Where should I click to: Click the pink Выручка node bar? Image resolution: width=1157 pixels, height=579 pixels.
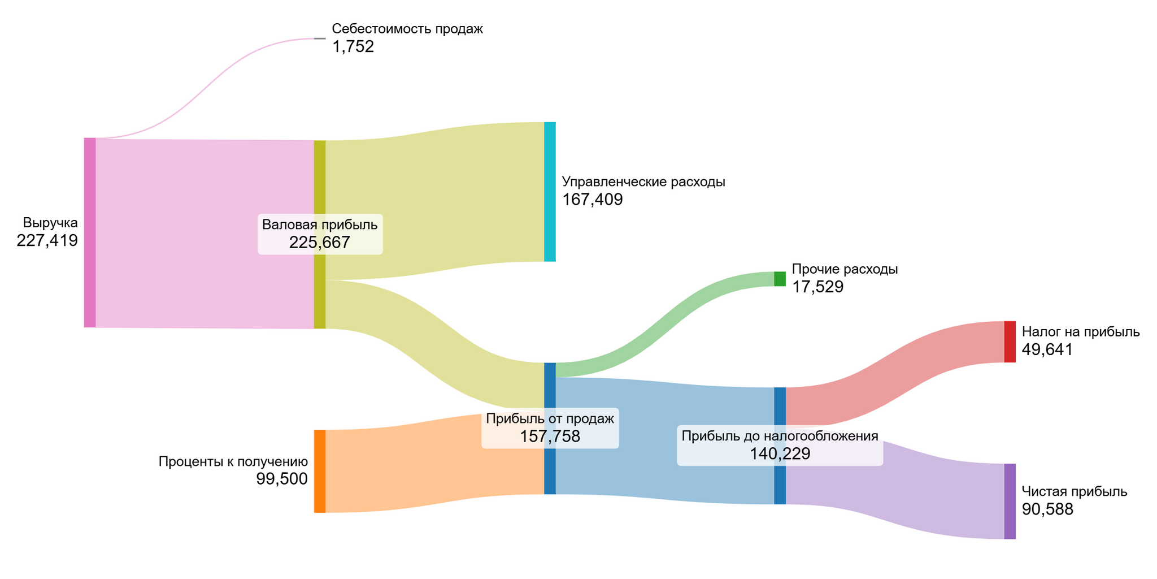click(x=90, y=232)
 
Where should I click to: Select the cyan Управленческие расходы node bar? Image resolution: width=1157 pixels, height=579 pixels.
click(x=550, y=192)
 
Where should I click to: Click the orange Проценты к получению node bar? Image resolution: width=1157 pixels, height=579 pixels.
click(x=320, y=471)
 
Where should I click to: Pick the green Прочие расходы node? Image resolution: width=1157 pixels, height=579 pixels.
click(x=780, y=279)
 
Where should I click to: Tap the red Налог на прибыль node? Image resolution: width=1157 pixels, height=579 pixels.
click(x=1010, y=342)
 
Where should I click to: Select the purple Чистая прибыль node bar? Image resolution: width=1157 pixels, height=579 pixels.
click(x=1010, y=501)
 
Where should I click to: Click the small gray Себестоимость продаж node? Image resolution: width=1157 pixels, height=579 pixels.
click(x=320, y=39)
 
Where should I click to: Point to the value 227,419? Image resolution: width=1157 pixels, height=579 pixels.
click(x=47, y=241)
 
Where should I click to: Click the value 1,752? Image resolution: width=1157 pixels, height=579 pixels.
click(x=353, y=47)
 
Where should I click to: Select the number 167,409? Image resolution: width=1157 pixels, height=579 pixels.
click(x=592, y=200)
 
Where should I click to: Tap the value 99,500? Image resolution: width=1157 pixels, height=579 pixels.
click(x=282, y=479)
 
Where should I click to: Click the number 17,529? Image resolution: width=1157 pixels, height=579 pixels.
click(x=817, y=287)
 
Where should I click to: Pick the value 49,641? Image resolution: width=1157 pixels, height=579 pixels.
click(x=1047, y=350)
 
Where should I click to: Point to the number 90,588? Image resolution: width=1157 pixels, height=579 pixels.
click(x=1047, y=509)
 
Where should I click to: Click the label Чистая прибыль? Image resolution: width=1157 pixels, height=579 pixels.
click(x=1074, y=491)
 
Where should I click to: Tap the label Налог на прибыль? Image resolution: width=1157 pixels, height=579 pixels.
click(x=1080, y=332)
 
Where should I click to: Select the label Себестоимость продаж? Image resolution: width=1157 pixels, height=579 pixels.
click(x=407, y=29)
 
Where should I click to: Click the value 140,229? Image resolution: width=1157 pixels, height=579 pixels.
click(x=780, y=453)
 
